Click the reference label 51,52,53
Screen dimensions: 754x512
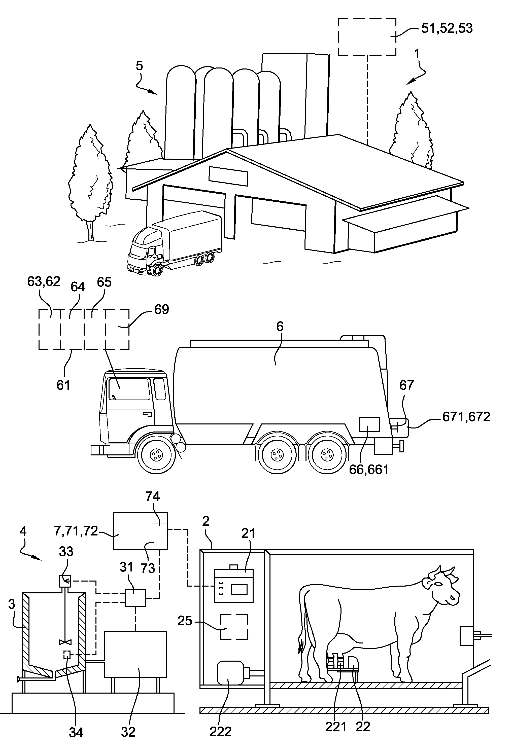point(447,28)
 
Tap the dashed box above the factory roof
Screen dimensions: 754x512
point(367,37)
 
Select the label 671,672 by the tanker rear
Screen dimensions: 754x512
point(466,417)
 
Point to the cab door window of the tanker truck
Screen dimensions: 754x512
point(129,389)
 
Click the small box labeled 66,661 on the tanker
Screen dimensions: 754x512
point(369,424)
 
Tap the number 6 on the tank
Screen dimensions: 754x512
point(280,326)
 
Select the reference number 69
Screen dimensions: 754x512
point(162,309)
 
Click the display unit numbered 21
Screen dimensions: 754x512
point(234,585)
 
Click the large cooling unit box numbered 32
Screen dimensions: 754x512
point(135,654)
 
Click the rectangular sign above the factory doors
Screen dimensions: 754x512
point(228,176)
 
